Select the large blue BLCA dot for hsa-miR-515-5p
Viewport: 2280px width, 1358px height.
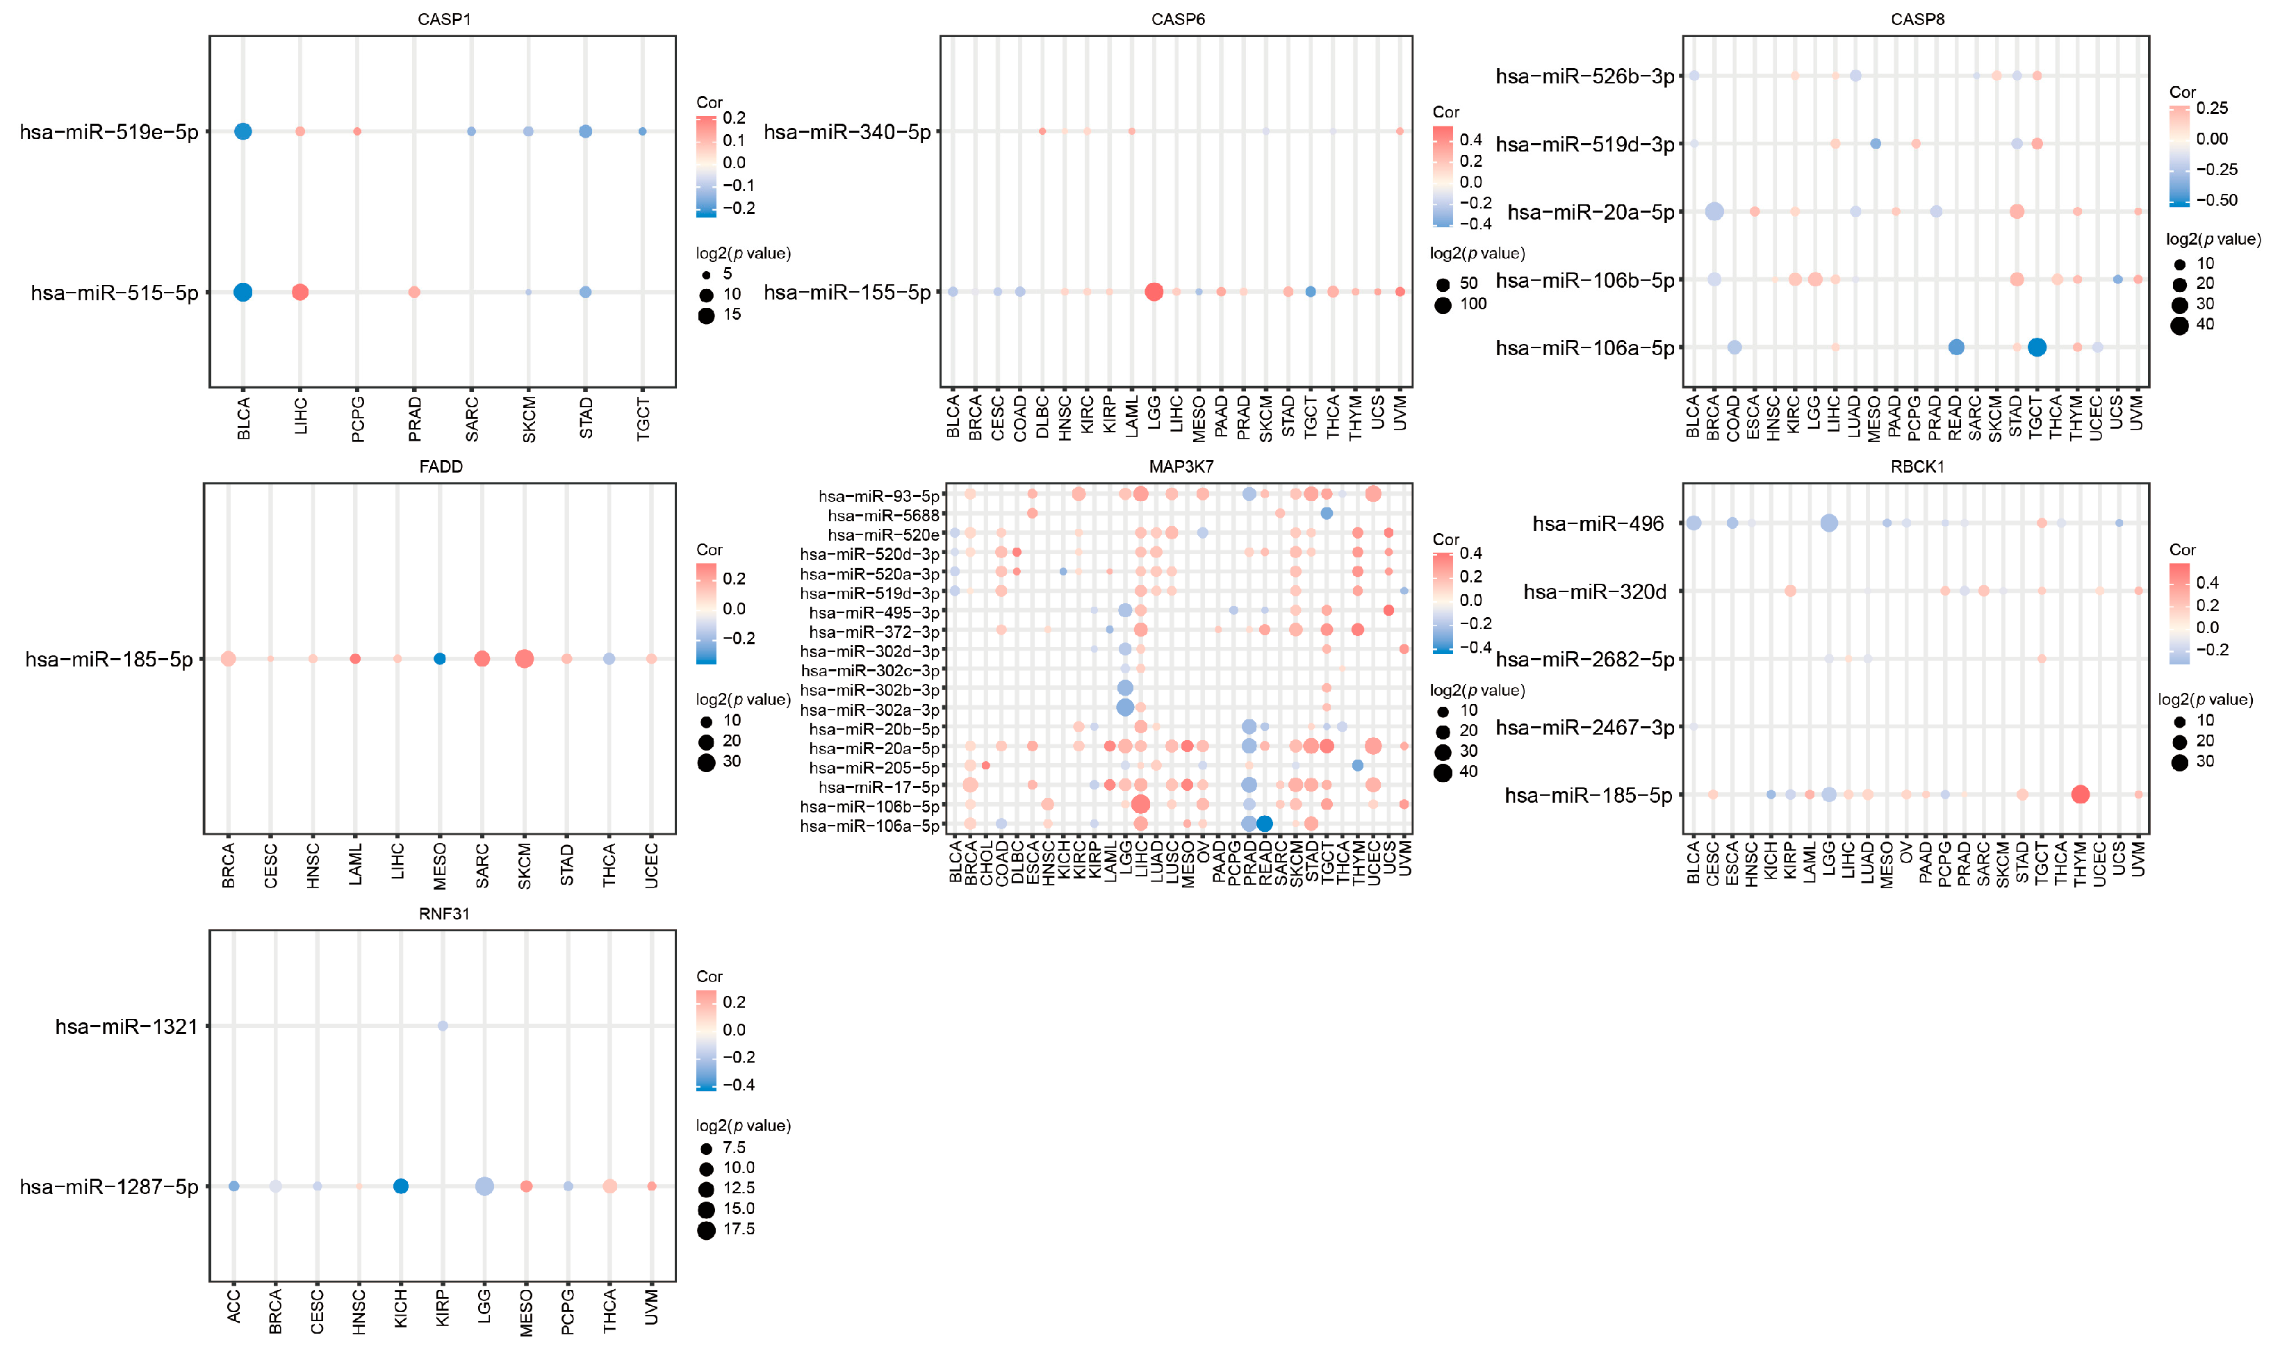[243, 292]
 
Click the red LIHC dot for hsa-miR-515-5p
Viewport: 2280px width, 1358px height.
[300, 292]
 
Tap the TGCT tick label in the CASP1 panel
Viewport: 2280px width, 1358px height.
[643, 419]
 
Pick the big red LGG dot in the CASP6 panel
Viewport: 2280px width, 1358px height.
[1154, 292]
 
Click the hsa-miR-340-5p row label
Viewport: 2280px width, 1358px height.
[846, 132]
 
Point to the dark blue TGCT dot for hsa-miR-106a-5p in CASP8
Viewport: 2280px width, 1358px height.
[2037, 347]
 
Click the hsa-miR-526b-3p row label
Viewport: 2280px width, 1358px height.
[1584, 76]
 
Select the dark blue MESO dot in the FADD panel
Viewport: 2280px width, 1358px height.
[439, 659]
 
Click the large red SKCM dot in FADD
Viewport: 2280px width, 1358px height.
[524, 659]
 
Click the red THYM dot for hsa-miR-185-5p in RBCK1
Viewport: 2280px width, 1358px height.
[2080, 794]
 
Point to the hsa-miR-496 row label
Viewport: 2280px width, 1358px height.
[1598, 523]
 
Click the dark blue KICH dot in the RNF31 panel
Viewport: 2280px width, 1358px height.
[401, 1186]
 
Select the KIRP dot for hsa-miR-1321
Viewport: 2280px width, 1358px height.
[443, 1026]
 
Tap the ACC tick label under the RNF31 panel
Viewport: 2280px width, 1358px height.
[233, 1305]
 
